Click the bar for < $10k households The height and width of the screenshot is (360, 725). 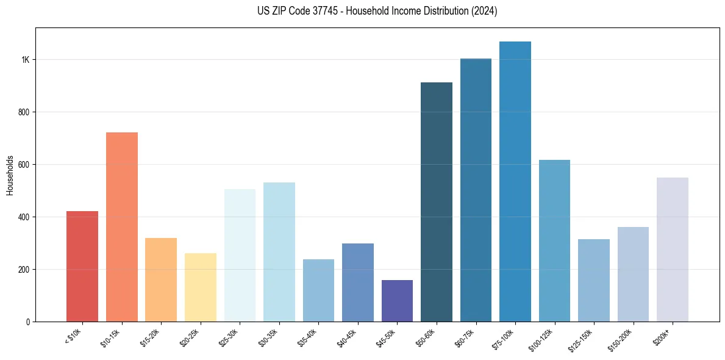point(82,266)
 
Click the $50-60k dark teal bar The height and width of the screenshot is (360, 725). point(437,202)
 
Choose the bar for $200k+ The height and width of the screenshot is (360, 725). point(673,250)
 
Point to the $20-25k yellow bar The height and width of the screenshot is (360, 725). point(201,287)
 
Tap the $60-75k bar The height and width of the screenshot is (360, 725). point(476,190)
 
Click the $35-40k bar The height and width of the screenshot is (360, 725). point(318,290)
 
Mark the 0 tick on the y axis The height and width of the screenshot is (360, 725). point(28,322)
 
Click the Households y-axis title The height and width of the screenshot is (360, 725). point(10,175)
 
